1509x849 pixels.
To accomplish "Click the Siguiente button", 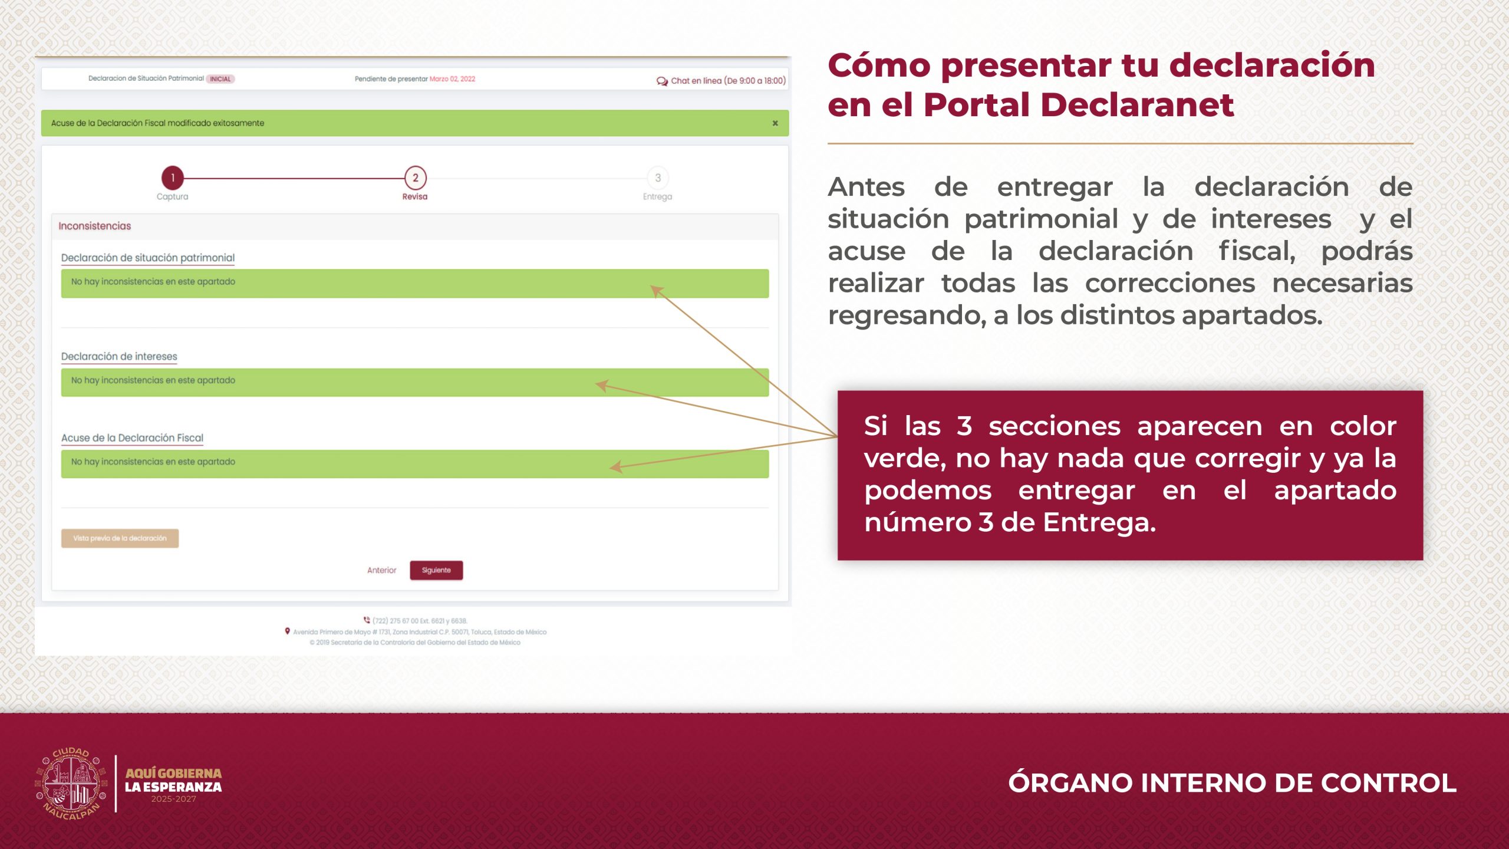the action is [436, 570].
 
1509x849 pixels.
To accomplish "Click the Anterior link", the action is [382, 570].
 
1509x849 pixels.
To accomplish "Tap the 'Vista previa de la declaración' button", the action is [120, 538].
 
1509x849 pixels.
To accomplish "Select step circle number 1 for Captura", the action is [173, 177].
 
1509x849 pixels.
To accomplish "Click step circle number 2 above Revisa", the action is [416, 177].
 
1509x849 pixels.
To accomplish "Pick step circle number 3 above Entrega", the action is [658, 177].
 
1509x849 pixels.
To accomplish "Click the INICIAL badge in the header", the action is [220, 79].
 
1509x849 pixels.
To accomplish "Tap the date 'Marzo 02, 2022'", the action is [452, 79].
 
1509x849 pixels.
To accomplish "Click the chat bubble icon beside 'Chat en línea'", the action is [662, 81].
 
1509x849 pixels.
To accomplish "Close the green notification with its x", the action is [775, 123].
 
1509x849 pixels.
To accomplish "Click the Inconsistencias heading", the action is [95, 226].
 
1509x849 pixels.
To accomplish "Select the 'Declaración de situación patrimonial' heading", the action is [148, 258].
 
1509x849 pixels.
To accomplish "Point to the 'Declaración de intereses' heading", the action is [119, 356].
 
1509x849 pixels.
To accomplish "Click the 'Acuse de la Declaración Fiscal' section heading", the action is [132, 437].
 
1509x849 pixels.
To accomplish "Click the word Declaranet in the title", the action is [1137, 105].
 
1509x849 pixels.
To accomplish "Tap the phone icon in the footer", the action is [367, 620].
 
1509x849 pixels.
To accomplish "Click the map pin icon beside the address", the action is [288, 631].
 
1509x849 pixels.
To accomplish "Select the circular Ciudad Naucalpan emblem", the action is [71, 784].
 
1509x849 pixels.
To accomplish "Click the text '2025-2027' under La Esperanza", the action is [173, 799].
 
